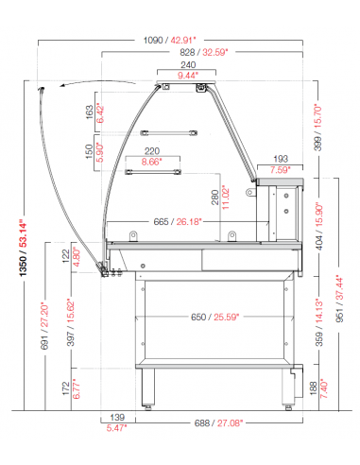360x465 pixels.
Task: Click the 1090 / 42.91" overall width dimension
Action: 169,41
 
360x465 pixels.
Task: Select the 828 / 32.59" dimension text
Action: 203,52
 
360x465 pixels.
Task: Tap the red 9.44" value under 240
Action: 188,76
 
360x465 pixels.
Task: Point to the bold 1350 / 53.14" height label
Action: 24,248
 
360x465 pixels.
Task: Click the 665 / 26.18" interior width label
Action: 178,222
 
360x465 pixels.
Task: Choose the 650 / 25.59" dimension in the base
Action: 214,317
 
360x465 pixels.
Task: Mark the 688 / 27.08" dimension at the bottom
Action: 218,422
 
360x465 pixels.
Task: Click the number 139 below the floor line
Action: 117,418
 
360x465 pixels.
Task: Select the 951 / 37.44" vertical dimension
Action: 339,299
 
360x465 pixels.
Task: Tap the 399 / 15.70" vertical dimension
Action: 318,128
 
